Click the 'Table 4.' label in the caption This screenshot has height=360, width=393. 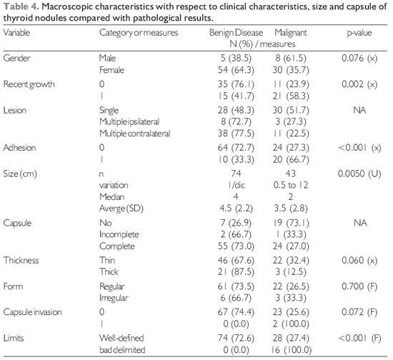click(21, 6)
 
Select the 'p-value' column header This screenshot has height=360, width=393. click(359, 33)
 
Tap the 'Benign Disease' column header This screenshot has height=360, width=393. click(236, 33)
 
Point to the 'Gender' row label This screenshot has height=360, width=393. click(16, 58)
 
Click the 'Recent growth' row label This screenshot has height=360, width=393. click(29, 84)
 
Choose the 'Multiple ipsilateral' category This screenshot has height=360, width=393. click(129, 121)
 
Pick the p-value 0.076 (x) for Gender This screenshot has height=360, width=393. click(359, 58)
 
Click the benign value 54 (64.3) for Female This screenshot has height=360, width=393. click(236, 70)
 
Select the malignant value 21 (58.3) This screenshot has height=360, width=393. click(291, 96)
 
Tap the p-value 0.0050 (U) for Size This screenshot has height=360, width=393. click(359, 174)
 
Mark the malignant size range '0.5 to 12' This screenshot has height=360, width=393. click(291, 185)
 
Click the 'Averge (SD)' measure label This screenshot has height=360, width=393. click(121, 209)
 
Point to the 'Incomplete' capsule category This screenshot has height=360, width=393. click(119, 234)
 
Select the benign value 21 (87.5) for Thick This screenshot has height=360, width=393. click(236, 272)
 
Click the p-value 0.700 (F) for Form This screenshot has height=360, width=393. click(359, 286)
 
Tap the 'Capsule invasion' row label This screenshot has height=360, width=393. click(33, 312)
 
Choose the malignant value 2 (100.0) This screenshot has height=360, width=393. click(291, 324)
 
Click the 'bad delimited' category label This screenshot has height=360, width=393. click(122, 350)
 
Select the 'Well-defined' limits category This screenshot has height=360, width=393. click(121, 338)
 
